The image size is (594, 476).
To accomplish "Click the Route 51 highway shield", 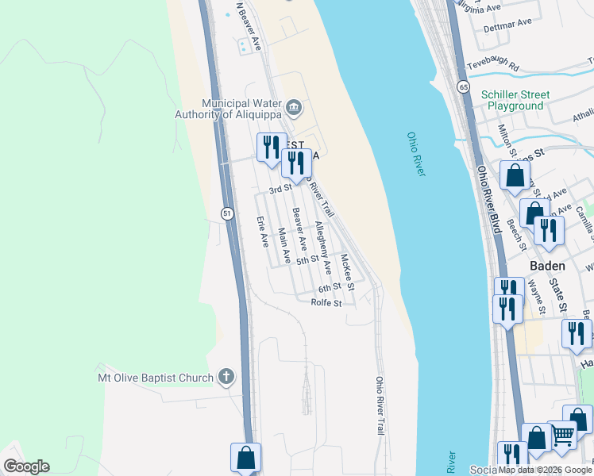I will tap(227, 213).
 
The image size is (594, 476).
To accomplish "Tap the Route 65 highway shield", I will tap(463, 86).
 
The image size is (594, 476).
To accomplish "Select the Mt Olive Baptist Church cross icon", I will tap(227, 376).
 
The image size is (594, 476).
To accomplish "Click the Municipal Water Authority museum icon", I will tap(293, 107).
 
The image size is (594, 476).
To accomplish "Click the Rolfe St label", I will tap(326, 302).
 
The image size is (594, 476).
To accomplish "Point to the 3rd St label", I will tap(280, 190).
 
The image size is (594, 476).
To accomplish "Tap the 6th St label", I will tap(329, 287).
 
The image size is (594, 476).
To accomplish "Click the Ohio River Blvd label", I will tap(489, 199).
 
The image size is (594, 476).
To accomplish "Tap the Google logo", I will tap(26, 466).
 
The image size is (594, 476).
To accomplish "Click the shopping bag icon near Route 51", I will tap(245, 457).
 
